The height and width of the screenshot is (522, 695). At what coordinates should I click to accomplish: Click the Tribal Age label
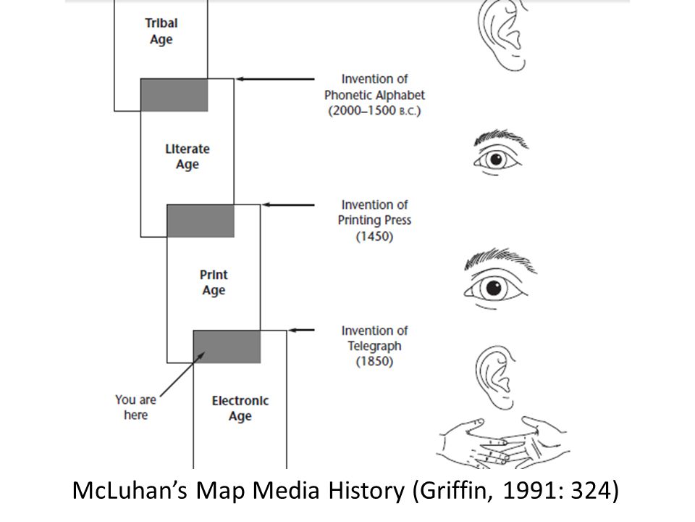pyautogui.click(x=161, y=31)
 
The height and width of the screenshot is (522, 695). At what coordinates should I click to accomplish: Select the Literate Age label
pyautogui.click(x=187, y=157)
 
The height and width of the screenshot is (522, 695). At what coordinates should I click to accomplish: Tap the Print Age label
pyautogui.click(x=213, y=282)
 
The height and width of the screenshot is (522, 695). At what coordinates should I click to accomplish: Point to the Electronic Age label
pyautogui.click(x=240, y=408)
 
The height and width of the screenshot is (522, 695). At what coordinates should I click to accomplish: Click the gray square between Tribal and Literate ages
pyautogui.click(x=174, y=95)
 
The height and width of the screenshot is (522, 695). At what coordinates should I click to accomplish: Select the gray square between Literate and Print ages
pyautogui.click(x=201, y=221)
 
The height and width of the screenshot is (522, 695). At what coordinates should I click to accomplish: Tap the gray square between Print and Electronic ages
pyautogui.click(x=227, y=347)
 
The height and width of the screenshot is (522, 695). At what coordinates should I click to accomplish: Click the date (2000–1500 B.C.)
pyautogui.click(x=374, y=111)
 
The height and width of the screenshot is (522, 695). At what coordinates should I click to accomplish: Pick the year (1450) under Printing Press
pyautogui.click(x=374, y=236)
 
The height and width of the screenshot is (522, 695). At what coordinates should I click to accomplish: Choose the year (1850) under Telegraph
pyautogui.click(x=374, y=362)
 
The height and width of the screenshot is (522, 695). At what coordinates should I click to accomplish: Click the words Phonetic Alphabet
pyautogui.click(x=374, y=95)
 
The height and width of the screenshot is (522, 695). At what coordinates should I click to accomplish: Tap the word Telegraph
pyautogui.click(x=374, y=346)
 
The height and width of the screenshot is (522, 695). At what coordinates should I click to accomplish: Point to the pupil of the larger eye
pyautogui.click(x=494, y=289)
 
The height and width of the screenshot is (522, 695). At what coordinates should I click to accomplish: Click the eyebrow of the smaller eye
pyautogui.click(x=496, y=137)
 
